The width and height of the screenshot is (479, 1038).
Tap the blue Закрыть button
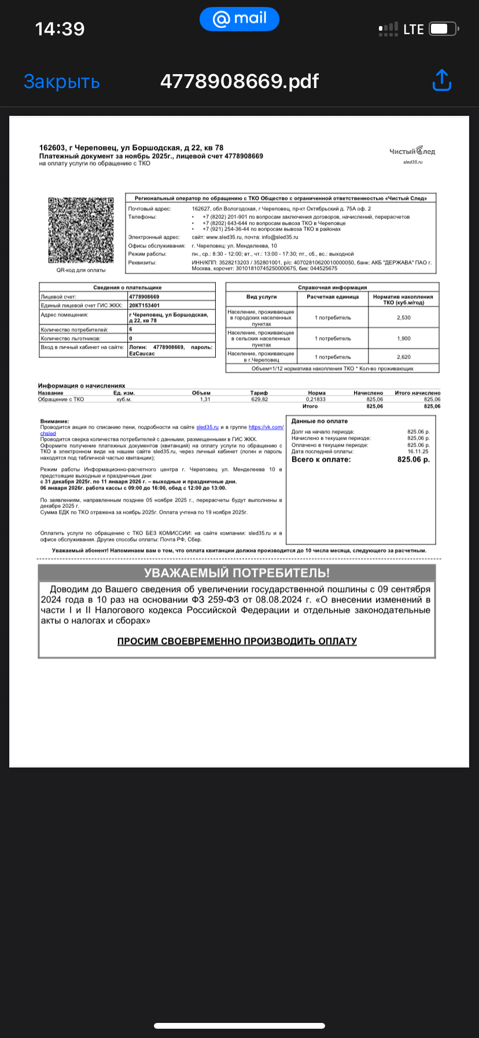(61, 82)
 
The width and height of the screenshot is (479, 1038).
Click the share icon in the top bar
(442, 81)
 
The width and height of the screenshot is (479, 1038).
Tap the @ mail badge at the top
(239, 19)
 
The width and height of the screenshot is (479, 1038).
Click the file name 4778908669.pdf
(239, 81)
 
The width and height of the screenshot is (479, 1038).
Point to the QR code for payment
(80, 231)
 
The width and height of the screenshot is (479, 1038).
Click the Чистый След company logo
(412, 152)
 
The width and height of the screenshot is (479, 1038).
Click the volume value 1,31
(205, 400)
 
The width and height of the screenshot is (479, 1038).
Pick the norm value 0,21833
(316, 400)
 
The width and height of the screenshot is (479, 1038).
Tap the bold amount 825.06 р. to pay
(413, 459)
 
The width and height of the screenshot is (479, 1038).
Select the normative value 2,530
(403, 317)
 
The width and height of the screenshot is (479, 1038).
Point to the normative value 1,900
(403, 338)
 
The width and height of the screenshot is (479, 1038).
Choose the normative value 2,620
(403, 357)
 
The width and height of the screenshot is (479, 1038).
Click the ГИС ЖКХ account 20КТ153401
(145, 305)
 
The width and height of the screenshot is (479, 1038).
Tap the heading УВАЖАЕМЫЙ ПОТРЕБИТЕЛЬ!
(237, 573)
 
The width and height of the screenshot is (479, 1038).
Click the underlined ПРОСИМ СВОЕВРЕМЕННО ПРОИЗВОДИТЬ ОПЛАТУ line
(237, 641)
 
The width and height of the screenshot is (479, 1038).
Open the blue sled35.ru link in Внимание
(207, 427)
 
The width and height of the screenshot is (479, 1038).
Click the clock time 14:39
(60, 28)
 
